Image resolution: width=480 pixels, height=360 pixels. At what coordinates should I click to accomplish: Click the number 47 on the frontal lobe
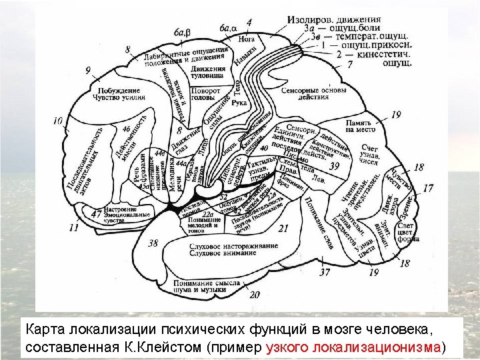[97, 214]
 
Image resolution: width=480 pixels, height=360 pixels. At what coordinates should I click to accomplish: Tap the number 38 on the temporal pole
[153, 243]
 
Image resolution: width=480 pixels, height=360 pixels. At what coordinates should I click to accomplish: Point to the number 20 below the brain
[253, 294]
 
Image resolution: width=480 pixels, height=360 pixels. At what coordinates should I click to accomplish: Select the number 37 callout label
[325, 272]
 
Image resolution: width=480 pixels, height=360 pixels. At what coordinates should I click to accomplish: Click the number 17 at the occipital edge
[428, 189]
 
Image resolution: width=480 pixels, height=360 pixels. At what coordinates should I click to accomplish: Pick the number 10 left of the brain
[58, 121]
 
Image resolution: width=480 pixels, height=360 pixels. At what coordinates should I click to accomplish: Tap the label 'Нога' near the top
[246, 39]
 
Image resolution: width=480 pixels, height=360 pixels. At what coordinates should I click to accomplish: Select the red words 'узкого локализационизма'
[353, 348]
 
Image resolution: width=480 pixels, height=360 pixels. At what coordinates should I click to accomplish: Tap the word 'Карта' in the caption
[45, 330]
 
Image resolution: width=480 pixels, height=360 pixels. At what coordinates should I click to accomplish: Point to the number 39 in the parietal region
[334, 165]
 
